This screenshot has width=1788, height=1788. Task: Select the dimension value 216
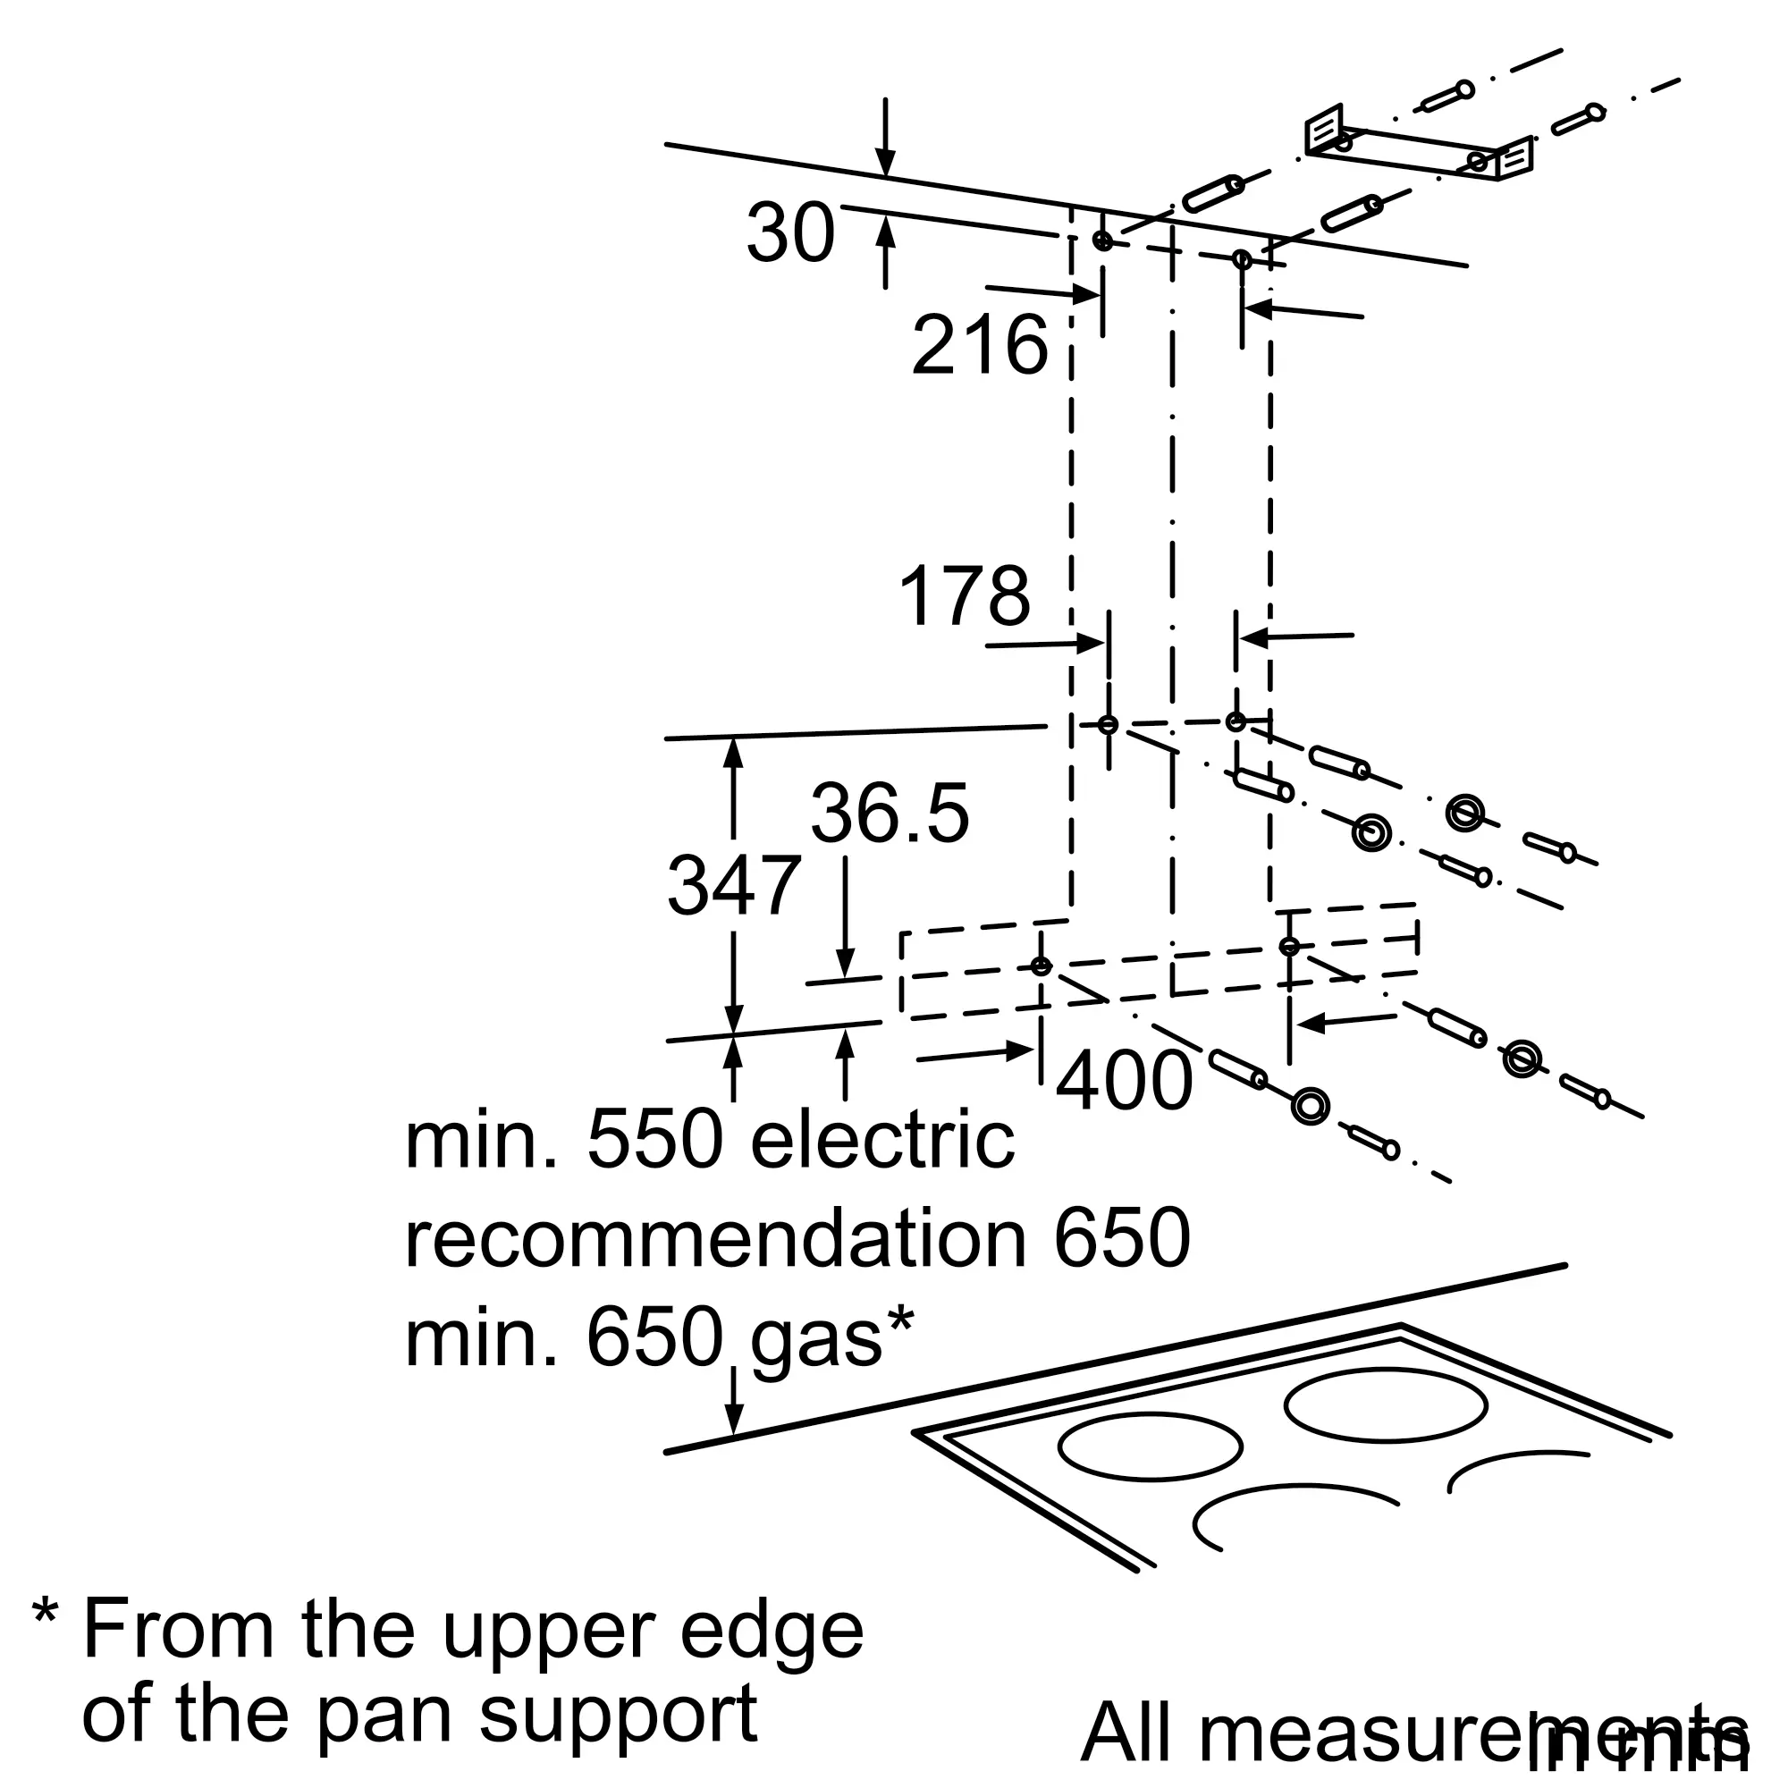979,346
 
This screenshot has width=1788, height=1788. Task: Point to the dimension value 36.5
890,814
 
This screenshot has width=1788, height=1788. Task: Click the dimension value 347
734,887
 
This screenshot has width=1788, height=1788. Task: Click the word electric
882,1141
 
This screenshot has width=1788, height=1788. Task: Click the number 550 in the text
654,1141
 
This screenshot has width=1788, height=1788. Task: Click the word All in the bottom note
1134,1732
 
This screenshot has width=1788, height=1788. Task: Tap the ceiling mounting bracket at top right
1419,148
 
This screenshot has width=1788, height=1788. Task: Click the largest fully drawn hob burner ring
1386,1406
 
